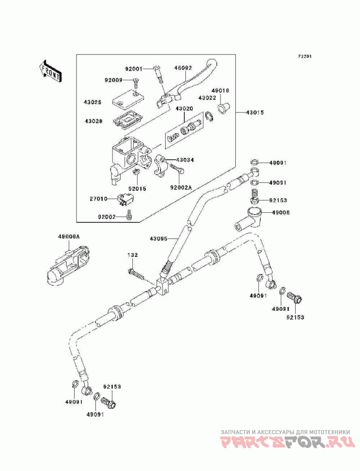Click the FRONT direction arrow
coord(50,71)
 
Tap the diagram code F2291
coord(305,56)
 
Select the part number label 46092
coord(183,68)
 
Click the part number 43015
coord(255,112)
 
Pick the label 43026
coord(93,102)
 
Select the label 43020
coord(184,108)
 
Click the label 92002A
coord(180,188)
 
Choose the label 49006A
coord(69,237)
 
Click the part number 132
coord(132,255)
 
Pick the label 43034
coord(185,160)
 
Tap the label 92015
coord(137,189)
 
